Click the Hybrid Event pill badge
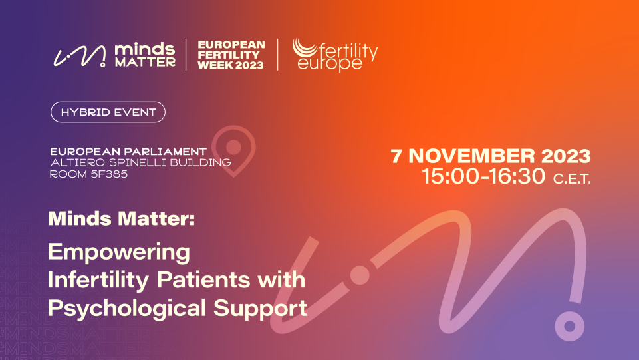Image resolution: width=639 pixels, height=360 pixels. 108,112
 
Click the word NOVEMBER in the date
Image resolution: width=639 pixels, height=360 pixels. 471,156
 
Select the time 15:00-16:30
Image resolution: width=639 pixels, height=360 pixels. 483,176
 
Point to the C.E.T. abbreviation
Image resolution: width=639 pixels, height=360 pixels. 572,179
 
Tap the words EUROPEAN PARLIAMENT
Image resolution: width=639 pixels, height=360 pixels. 128,152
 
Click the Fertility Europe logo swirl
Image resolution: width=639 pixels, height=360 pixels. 305,47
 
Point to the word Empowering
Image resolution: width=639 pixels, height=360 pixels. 119,253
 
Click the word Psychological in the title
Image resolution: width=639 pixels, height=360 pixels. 127,309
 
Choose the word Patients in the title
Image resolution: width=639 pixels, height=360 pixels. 203,280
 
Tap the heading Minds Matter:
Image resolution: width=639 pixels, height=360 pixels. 122,218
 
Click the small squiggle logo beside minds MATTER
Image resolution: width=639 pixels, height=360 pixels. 80,56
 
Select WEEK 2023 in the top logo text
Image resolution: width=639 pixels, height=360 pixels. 231,65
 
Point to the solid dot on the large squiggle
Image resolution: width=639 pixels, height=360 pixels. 360,275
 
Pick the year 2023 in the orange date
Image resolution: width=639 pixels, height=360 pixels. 566,156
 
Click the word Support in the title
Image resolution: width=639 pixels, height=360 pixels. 260,309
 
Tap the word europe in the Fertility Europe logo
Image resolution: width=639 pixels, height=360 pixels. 330,63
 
